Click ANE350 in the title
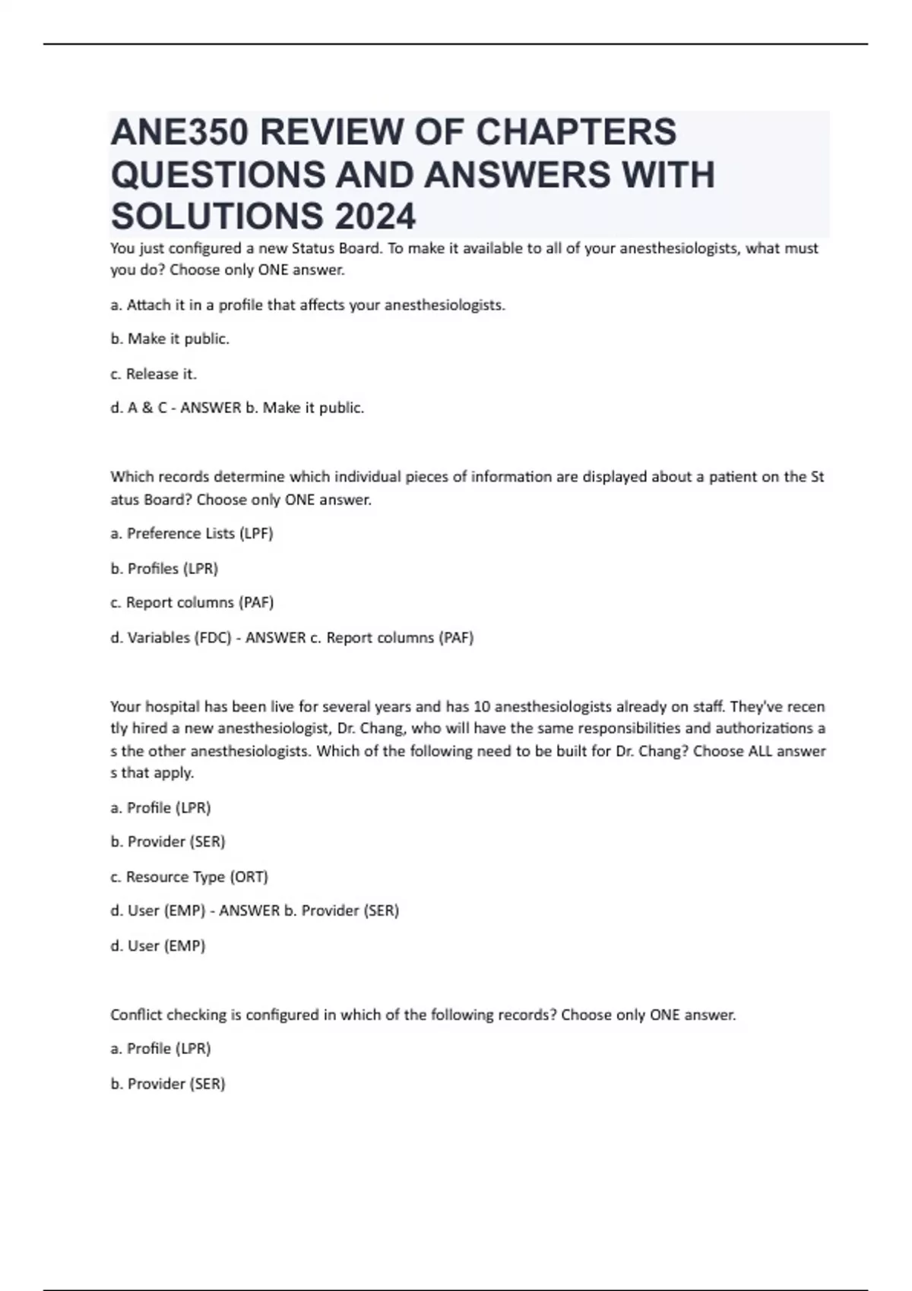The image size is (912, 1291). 179,132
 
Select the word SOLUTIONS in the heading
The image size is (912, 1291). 215,216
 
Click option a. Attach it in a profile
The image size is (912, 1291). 308,305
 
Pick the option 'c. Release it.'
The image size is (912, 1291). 154,374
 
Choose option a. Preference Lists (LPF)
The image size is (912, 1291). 192,533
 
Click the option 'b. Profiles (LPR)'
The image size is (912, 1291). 164,568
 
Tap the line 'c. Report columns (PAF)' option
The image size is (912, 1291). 192,602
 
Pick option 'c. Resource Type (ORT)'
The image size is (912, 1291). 189,876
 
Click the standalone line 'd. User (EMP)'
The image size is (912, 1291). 158,945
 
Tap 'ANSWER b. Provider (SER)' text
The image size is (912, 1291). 309,911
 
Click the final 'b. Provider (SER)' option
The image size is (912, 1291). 168,1084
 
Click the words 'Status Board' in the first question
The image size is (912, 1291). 337,248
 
